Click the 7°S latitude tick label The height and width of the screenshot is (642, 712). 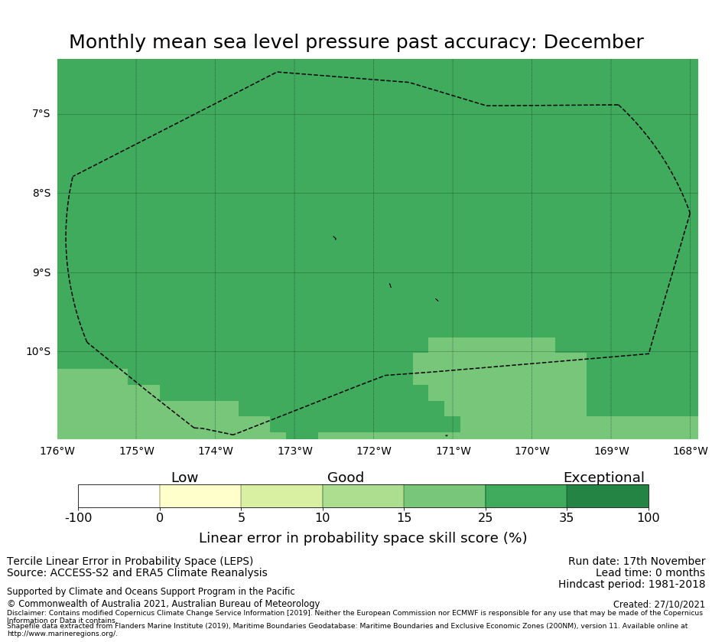(41, 114)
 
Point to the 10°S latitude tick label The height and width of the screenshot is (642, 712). (37, 352)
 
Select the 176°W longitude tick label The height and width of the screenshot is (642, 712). (57, 451)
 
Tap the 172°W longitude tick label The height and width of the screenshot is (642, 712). (374, 451)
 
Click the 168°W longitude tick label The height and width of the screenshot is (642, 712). (690, 451)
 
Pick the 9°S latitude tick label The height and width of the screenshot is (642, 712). (41, 272)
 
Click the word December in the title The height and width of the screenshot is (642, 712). (593, 43)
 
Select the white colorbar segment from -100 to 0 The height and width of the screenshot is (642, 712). (119, 497)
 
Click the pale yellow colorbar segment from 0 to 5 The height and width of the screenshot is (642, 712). (200, 497)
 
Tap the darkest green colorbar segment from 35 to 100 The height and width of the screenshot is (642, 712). (607, 497)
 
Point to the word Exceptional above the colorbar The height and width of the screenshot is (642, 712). (603, 478)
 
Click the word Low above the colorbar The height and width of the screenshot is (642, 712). (184, 478)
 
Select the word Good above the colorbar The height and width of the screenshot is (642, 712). (346, 478)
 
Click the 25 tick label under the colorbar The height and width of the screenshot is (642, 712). (485, 518)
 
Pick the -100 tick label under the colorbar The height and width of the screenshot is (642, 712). (79, 518)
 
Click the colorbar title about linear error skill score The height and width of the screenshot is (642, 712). (363, 538)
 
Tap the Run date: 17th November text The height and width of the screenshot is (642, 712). (636, 562)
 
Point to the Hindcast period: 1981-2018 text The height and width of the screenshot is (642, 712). (632, 585)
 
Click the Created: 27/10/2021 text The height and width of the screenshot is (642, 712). (658, 605)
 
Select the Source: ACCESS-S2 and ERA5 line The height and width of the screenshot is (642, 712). (137, 573)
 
